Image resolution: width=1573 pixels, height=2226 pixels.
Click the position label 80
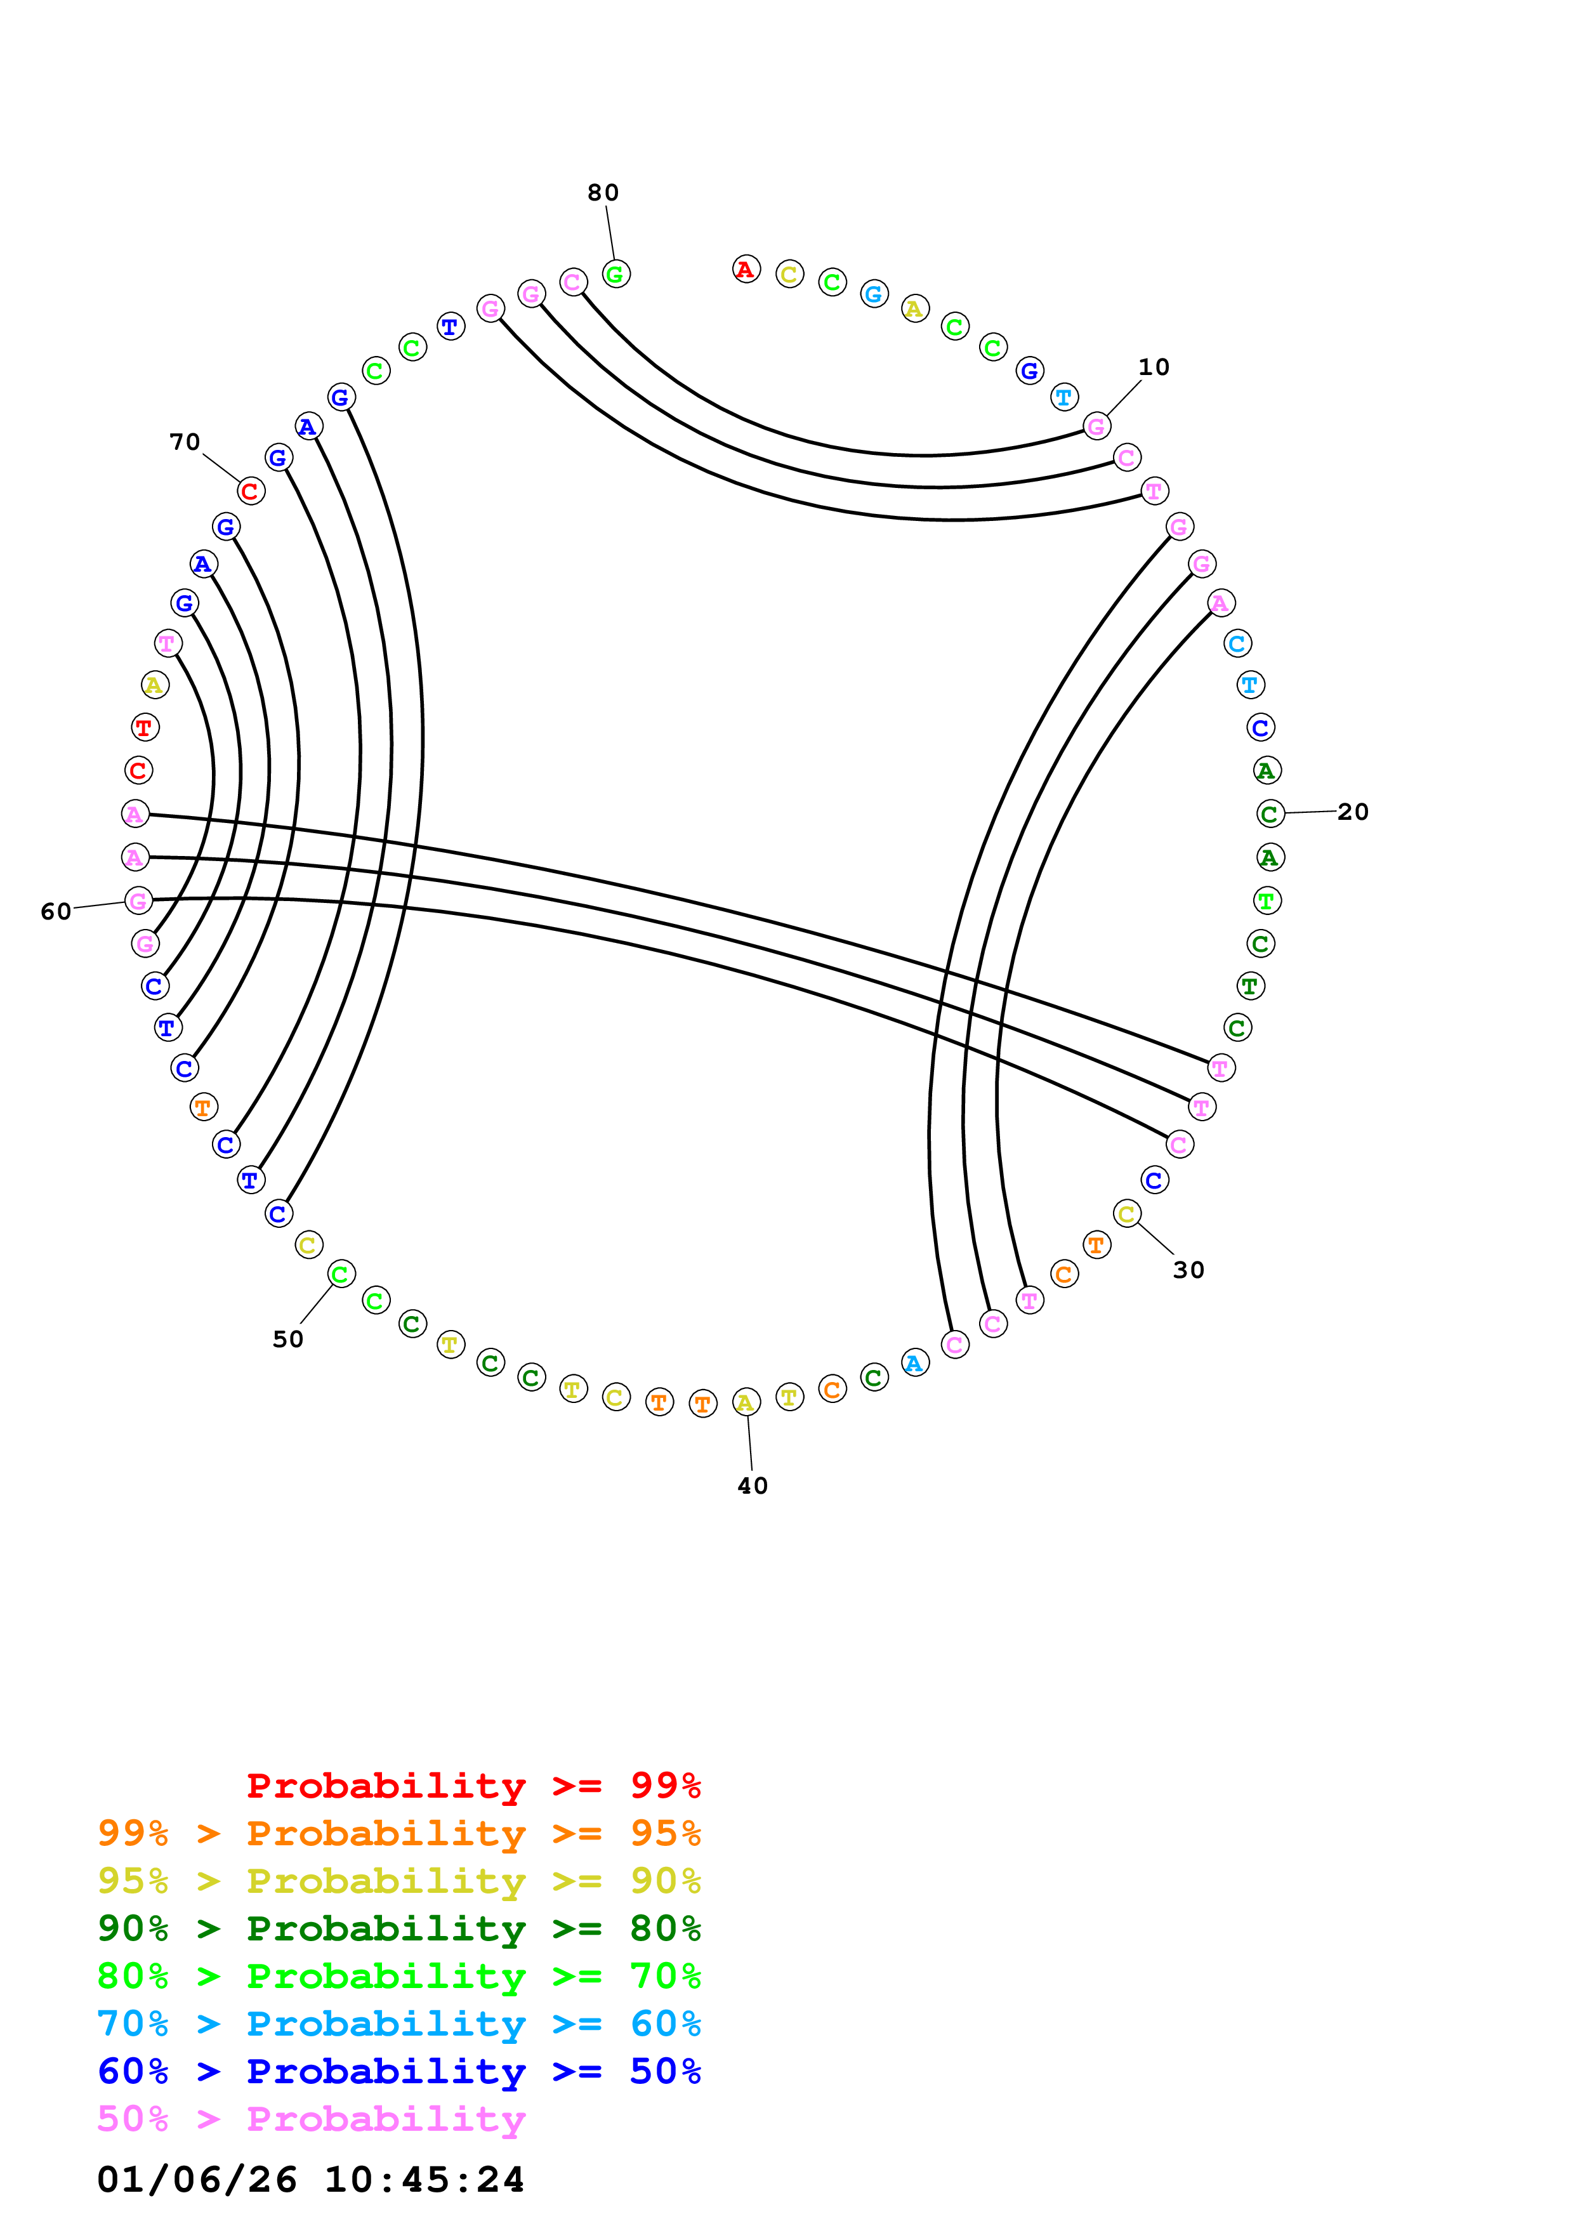pos(603,193)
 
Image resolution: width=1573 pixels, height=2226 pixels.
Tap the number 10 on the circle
pos(1154,367)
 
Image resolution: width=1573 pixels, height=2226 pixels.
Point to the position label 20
pos(1353,812)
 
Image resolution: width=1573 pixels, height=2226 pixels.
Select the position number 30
pos(1188,1270)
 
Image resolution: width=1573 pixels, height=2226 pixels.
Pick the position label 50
pos(288,1339)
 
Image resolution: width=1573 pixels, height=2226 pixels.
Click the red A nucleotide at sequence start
pos(746,270)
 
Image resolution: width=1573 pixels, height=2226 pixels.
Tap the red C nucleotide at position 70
pos(250,492)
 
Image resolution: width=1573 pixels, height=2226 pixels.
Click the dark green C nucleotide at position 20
pos(1270,813)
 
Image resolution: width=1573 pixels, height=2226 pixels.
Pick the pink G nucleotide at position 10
pos(1096,426)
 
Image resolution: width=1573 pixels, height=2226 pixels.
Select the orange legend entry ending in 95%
pos(399,1833)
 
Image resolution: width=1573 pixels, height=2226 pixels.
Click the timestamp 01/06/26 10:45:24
pos(311,2180)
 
